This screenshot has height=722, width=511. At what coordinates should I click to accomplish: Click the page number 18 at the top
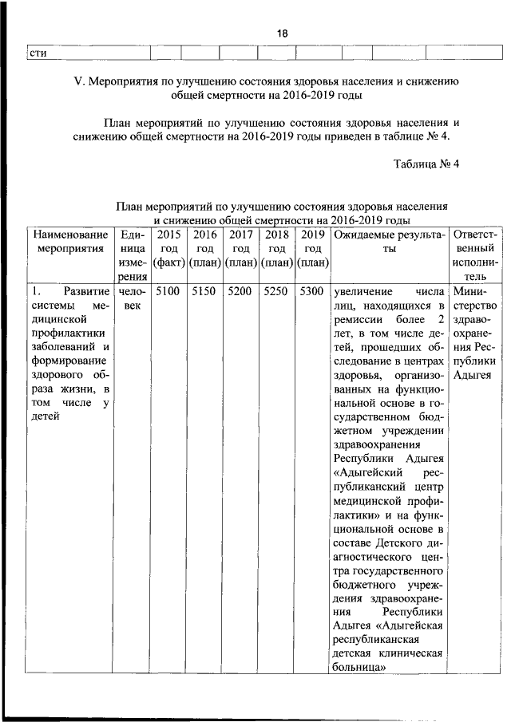283,34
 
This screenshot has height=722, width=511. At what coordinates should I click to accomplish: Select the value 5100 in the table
168,292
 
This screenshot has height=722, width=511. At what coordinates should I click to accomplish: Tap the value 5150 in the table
204,292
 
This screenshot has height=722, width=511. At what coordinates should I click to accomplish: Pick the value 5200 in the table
240,292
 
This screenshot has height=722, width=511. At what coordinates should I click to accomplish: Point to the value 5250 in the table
277,292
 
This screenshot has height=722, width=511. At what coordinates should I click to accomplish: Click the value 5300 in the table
313,292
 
